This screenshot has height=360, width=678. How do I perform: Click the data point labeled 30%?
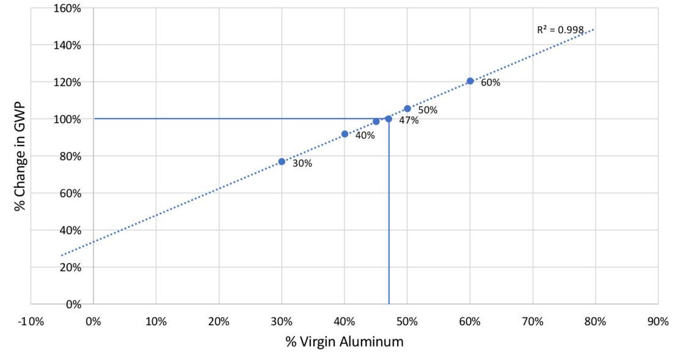point(282,161)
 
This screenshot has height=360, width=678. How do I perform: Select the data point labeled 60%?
point(470,81)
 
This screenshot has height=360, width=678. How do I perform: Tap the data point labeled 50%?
point(407,109)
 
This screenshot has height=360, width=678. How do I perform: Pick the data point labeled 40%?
point(344,134)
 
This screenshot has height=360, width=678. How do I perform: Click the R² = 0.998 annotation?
point(560,29)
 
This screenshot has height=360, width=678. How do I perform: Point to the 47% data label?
point(409,120)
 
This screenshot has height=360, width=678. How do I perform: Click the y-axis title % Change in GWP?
point(21,156)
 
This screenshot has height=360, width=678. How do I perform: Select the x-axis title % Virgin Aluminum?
point(344,342)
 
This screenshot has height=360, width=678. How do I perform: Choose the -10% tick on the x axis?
point(31,321)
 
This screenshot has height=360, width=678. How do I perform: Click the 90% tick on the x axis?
point(658,321)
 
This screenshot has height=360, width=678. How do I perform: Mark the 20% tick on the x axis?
point(219,321)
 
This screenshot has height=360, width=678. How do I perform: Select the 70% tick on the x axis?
point(533,321)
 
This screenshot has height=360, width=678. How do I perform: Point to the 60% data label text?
point(490,83)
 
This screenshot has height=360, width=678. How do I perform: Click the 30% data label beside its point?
point(302,164)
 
